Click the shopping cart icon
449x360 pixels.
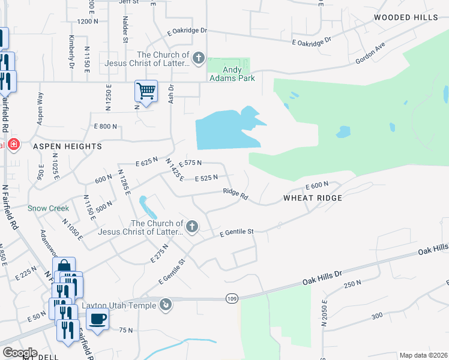click(146, 91)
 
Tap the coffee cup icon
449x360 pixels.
click(97, 319)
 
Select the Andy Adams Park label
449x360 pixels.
click(231, 74)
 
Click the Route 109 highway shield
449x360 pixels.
click(232, 298)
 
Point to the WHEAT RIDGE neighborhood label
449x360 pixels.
click(312, 198)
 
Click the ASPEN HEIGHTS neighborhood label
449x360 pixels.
click(67, 146)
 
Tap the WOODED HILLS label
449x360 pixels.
click(406, 17)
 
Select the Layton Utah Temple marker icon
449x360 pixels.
click(166, 305)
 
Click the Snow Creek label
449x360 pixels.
click(48, 209)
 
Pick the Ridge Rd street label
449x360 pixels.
click(235, 194)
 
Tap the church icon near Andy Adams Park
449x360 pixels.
click(199, 59)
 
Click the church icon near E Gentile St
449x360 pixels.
click(191, 226)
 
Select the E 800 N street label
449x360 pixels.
click(105, 127)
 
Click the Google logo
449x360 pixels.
click(20, 352)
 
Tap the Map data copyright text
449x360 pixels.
click(423, 355)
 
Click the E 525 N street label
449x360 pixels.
click(206, 178)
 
